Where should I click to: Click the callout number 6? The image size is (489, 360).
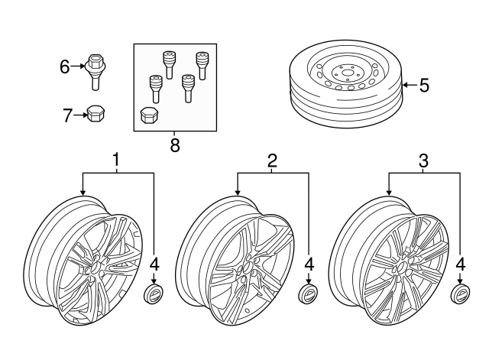tap(64, 66)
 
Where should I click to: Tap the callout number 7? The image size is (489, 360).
tap(67, 115)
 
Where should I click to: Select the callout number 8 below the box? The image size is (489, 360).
tap(175, 145)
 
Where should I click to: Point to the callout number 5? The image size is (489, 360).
tap(424, 85)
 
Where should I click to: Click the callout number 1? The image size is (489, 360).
tap(115, 160)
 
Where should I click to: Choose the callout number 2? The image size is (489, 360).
tap(272, 161)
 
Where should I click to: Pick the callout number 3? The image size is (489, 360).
tap(423, 161)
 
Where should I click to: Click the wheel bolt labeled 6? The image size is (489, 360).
tap(95, 72)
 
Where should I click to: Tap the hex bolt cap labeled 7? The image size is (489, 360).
tap(95, 114)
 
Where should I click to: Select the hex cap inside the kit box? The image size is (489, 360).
tap(149, 115)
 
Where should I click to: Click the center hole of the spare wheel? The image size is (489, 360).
tap(347, 73)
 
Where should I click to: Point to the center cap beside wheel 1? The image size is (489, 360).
tap(154, 294)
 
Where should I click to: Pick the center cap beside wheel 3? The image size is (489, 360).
tap(460, 293)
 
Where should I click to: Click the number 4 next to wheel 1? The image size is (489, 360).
tap(154, 264)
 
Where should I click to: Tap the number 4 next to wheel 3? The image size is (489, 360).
tap(460, 264)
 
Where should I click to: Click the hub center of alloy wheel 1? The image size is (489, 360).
tap(95, 267)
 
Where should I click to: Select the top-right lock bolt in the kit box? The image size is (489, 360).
tap(201, 66)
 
